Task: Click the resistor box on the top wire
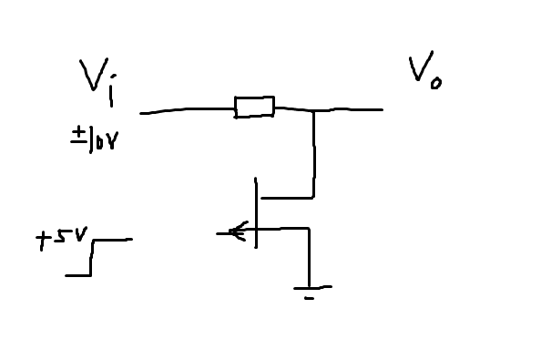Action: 254,107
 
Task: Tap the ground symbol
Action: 311,289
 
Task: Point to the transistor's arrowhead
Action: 237,231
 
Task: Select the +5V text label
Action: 61,240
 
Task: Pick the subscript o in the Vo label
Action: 436,84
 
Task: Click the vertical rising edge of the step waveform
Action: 92,256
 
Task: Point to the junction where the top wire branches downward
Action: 314,110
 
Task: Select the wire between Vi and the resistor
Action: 187,110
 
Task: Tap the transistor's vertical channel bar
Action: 256,214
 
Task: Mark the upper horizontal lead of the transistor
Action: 286,196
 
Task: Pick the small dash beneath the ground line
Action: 311,297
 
